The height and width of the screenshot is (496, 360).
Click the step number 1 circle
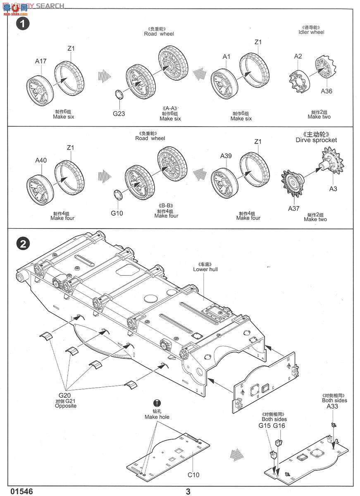[23, 24]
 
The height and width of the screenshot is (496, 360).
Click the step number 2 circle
[23, 244]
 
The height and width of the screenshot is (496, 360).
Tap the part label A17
[41, 61]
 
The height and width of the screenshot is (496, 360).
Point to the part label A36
[326, 91]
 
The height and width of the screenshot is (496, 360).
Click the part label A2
[298, 56]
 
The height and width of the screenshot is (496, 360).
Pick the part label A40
[41, 160]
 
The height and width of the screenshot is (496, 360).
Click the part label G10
[117, 213]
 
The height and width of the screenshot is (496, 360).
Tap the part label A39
[226, 156]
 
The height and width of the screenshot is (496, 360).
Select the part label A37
[294, 208]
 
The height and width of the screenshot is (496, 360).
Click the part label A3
[333, 188]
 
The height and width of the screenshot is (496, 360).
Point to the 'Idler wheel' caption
[311, 32]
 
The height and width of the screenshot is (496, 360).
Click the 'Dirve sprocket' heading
[316, 140]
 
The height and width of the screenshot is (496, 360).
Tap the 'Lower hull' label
[205, 269]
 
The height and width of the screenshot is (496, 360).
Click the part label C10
[193, 475]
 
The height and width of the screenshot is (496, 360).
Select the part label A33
[332, 407]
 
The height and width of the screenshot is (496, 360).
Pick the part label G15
[265, 426]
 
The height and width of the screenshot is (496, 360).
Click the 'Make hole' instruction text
[157, 417]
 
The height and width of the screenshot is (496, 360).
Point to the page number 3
[188, 491]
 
